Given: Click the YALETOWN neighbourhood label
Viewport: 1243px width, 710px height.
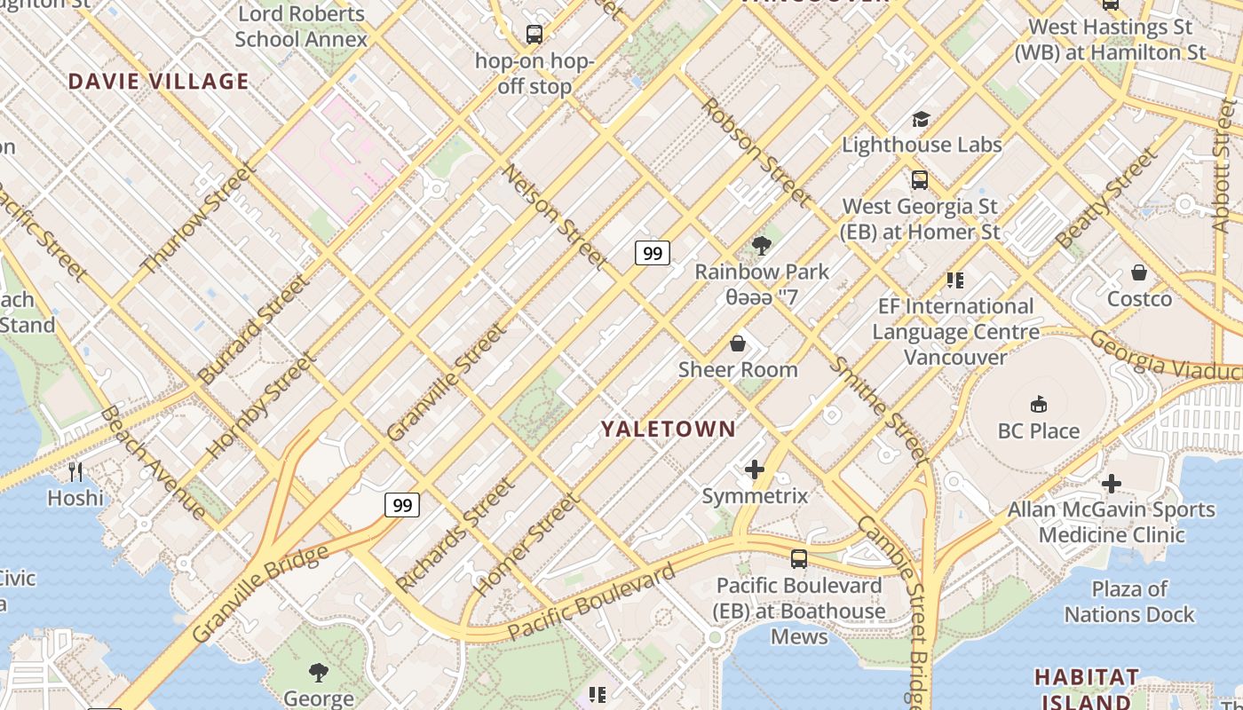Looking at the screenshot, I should [x=668, y=430].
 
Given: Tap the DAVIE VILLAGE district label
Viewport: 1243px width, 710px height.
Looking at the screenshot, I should [x=158, y=82].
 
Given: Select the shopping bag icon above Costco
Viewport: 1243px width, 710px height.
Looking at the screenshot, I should [x=1139, y=272].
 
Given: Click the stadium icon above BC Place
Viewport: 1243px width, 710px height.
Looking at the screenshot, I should [x=1038, y=406].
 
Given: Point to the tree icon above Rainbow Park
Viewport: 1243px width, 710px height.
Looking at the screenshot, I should [x=761, y=246].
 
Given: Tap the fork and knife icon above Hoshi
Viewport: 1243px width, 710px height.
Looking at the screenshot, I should [x=75, y=471].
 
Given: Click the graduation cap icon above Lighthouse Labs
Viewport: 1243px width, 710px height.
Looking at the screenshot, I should [x=921, y=119].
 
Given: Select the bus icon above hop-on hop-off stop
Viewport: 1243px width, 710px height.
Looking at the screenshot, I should [x=534, y=35].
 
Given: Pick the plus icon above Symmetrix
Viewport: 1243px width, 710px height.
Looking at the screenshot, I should [x=755, y=469].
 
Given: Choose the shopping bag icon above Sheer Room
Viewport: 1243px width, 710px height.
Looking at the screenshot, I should [x=737, y=343].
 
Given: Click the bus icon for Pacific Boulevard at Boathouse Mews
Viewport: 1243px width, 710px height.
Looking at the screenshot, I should [x=799, y=559].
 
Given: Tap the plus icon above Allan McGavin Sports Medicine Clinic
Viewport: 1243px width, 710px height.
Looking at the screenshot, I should [x=1111, y=484].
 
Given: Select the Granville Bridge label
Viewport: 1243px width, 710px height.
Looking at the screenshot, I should [x=259, y=593].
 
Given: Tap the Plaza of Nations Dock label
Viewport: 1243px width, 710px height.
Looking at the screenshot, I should [x=1129, y=602].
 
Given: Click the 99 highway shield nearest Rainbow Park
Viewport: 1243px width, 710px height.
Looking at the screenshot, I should [x=653, y=254].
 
